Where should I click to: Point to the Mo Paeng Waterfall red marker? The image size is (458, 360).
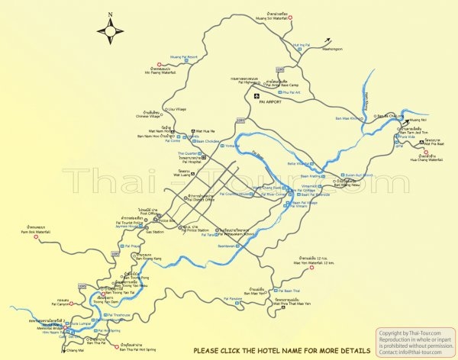tap(159, 64)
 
